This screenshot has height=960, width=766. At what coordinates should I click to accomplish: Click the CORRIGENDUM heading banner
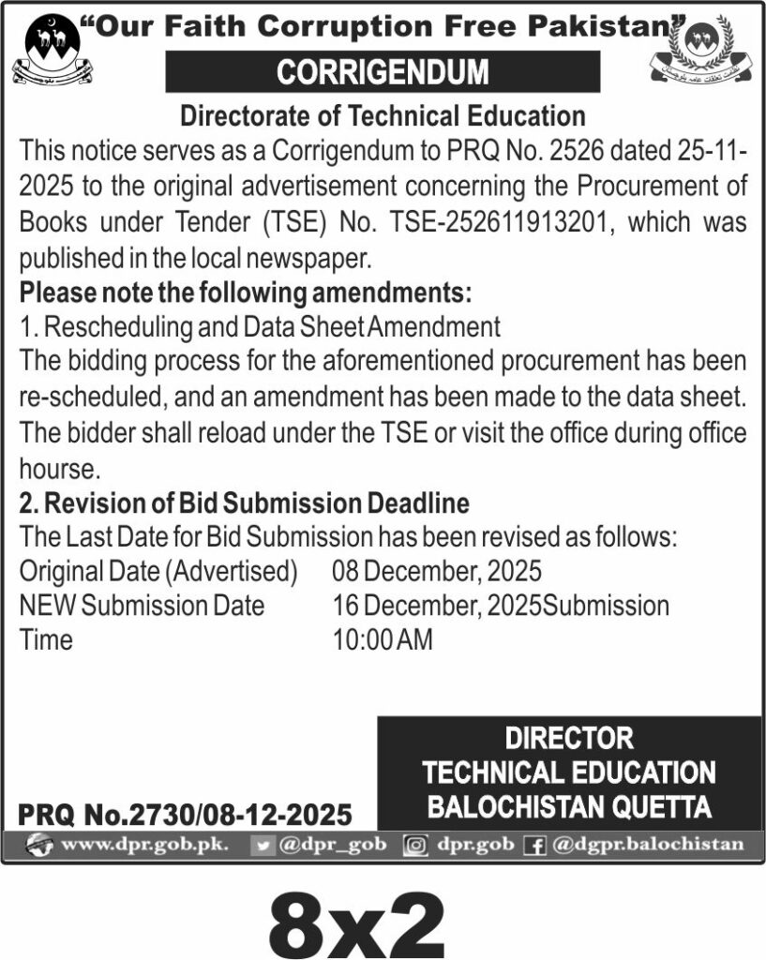pyautogui.click(x=383, y=72)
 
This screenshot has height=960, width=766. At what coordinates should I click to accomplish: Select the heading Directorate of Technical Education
pyautogui.click(x=383, y=116)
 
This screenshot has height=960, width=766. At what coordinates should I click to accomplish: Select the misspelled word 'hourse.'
pyautogui.click(x=58, y=467)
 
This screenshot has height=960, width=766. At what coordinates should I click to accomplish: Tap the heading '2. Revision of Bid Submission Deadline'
pyautogui.click(x=245, y=502)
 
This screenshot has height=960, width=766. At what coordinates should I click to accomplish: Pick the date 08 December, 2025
pyautogui.click(x=437, y=570)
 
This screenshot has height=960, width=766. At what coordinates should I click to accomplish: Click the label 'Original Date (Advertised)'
pyautogui.click(x=158, y=570)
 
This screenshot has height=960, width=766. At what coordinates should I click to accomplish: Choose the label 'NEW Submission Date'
pyautogui.click(x=142, y=606)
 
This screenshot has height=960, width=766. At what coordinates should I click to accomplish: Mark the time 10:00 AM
pyautogui.click(x=382, y=640)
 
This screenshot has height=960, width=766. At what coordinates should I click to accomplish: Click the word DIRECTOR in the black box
pyautogui.click(x=569, y=738)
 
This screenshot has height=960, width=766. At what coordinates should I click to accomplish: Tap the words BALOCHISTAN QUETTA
pyautogui.click(x=569, y=806)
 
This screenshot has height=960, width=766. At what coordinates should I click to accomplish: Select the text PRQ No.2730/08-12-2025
pyautogui.click(x=186, y=812)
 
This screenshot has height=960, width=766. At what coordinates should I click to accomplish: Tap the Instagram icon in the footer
pyautogui.click(x=414, y=845)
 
